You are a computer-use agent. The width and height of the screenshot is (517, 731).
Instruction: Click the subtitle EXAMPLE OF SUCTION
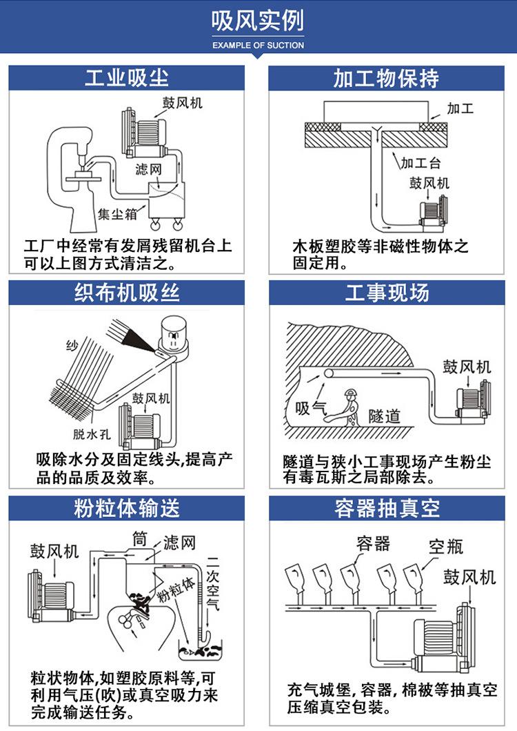[258, 45]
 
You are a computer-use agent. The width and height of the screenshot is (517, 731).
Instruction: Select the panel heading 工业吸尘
[127, 77]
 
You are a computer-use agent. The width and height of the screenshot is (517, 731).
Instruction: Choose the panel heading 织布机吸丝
[127, 293]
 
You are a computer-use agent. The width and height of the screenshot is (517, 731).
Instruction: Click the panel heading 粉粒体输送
[127, 509]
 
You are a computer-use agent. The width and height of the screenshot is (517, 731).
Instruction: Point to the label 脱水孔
[92, 433]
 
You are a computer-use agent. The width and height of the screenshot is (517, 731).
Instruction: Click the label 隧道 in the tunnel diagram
[384, 416]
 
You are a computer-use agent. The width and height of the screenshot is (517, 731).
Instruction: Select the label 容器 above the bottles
[373, 543]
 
